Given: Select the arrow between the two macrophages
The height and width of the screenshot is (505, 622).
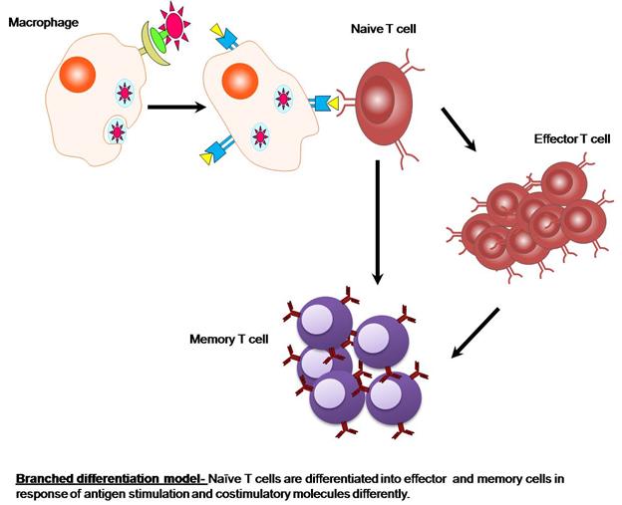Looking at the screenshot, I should tap(168, 104).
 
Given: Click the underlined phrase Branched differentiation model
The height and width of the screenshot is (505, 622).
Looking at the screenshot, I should tap(110, 478).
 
